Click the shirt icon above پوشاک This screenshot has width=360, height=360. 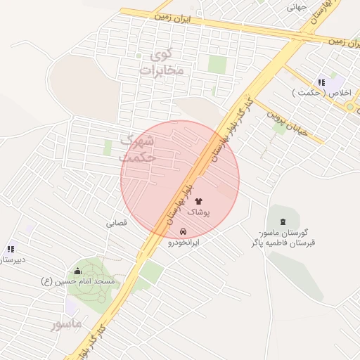(x=198, y=201)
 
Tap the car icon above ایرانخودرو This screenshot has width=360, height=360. (x=184, y=231)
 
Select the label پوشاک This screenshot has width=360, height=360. (x=198, y=211)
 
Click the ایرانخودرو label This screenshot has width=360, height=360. (x=184, y=242)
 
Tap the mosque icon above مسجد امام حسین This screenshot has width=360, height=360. (x=77, y=271)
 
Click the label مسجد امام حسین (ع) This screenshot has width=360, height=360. (x=77, y=281)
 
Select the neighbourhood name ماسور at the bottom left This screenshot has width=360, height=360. (x=67, y=323)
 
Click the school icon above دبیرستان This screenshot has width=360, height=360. (x=11, y=249)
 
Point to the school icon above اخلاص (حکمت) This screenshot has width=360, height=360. (x=323, y=82)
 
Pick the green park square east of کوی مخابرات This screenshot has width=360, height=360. (x=217, y=64)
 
